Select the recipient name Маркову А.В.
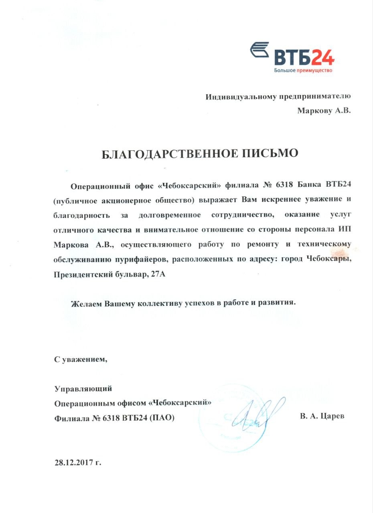coord(324,111)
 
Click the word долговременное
coord(169,214)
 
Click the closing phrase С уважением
coord(81,359)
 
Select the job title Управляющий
coord(83,388)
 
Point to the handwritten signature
coord(257,413)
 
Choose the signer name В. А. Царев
coord(322,416)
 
